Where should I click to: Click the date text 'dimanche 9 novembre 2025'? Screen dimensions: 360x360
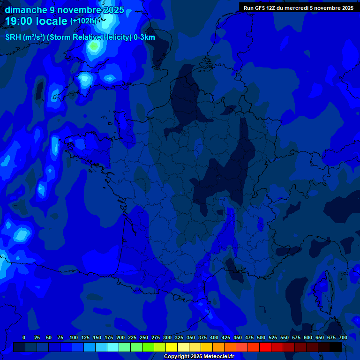(x=64, y=10)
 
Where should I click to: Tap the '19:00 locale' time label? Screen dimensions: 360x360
(x=36, y=21)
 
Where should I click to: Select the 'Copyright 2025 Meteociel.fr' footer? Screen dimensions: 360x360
(x=199, y=356)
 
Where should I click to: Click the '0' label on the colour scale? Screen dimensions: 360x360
(x=24, y=337)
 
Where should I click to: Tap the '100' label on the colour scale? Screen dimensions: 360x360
(x=74, y=337)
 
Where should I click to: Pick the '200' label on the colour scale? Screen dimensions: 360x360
(x=120, y=337)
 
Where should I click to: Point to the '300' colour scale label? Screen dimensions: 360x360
(x=167, y=337)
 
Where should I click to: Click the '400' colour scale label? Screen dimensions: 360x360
(x=214, y=337)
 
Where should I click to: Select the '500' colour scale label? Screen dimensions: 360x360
(x=261, y=337)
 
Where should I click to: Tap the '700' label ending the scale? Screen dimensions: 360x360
(x=343, y=337)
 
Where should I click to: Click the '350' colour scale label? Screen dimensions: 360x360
(x=191, y=337)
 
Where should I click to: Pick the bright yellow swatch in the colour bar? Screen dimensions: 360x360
(x=172, y=347)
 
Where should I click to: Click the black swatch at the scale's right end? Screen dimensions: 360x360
(x=336, y=347)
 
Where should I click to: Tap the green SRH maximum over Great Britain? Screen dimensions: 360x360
(x=94, y=46)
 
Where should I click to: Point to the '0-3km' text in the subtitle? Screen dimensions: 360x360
(x=144, y=37)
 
